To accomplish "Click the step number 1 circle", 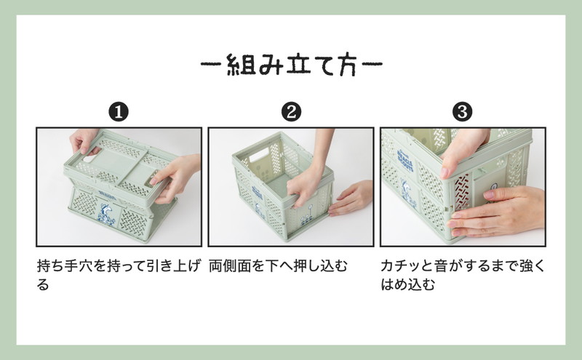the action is click(x=119, y=112).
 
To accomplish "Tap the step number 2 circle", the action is click(x=291, y=112).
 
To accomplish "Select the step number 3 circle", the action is click(x=463, y=112).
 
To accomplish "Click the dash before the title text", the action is click(x=212, y=64).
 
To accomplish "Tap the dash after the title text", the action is click(x=372, y=64).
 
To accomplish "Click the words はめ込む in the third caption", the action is click(x=408, y=284).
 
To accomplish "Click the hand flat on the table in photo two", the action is click(x=351, y=198).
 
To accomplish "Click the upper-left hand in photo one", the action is click(x=84, y=140).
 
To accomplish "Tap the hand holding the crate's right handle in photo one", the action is click(x=175, y=178).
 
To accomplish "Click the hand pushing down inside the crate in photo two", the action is click(x=311, y=178).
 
